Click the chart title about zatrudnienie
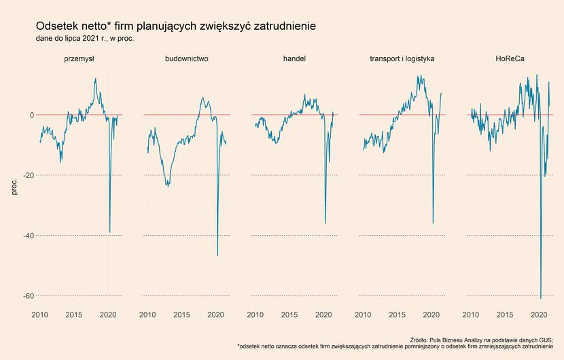[176, 26]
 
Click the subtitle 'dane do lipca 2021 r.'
[85, 39]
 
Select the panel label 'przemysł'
[79, 58]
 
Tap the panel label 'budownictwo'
[187, 58]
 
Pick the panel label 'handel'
[295, 58]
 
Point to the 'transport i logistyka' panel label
[402, 58]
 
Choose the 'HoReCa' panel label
[510, 58]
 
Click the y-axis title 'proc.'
[14, 187]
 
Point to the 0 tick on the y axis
[32, 115]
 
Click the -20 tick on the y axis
[29, 175]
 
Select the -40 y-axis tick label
[29, 236]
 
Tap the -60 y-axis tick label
[29, 296]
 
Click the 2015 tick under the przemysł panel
[74, 315]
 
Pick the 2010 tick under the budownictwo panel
[147, 315]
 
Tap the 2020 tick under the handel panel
[323, 315]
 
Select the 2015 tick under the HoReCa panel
[505, 315]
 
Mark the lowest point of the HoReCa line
[541, 298]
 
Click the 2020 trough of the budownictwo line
[217, 255]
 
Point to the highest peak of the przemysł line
[95, 78]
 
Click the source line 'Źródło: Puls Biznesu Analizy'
[481, 340]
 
